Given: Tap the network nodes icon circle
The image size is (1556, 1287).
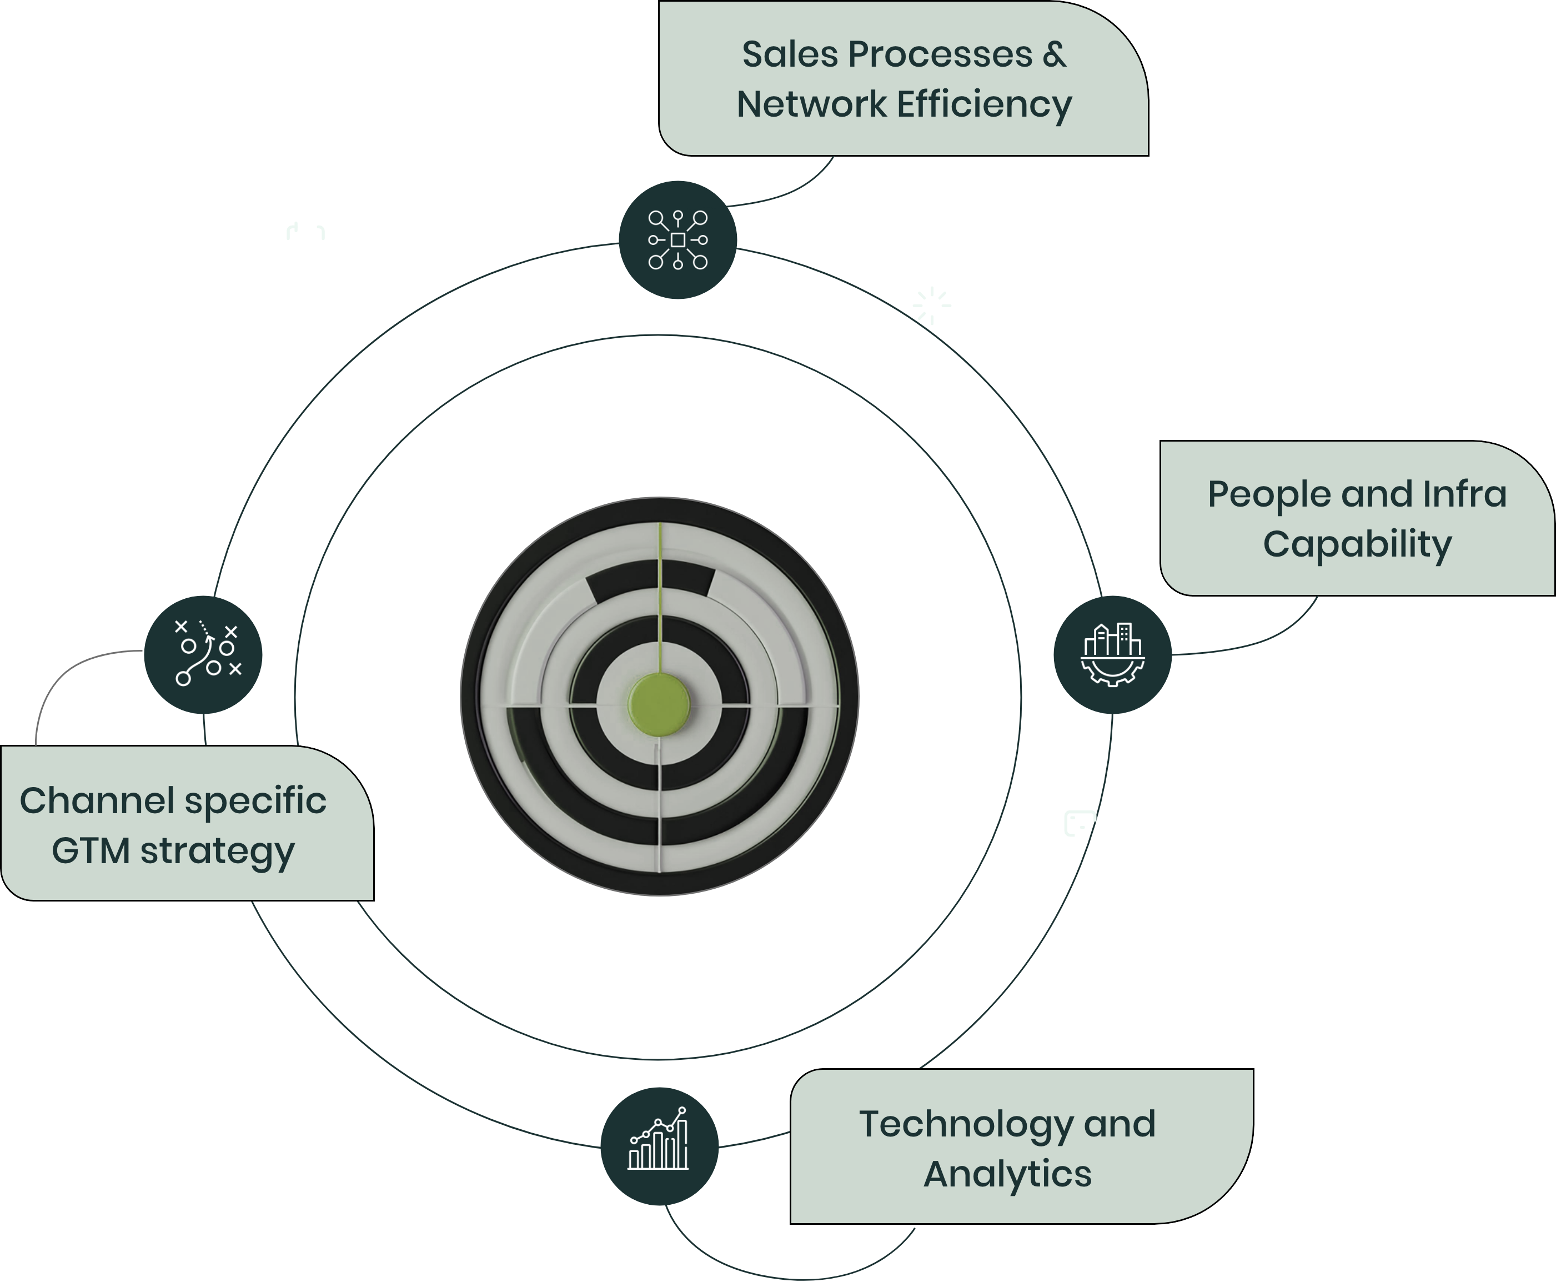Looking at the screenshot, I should (678, 240).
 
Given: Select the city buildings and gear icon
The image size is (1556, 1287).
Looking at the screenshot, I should (1112, 654).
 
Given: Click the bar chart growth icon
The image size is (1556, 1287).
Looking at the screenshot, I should (659, 1146).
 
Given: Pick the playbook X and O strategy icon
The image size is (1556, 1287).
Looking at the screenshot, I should (204, 654).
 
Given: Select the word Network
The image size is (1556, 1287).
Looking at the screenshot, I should (811, 104).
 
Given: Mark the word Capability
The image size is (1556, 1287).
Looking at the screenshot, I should (1357, 544).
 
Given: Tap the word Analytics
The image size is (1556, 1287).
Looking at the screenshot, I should (1007, 1174).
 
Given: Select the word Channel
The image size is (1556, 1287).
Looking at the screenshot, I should (96, 801).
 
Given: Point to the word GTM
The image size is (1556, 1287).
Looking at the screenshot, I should (91, 850).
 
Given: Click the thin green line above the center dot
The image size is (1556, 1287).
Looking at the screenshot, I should (660, 593).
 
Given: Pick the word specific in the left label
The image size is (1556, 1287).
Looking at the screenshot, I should (255, 802).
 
